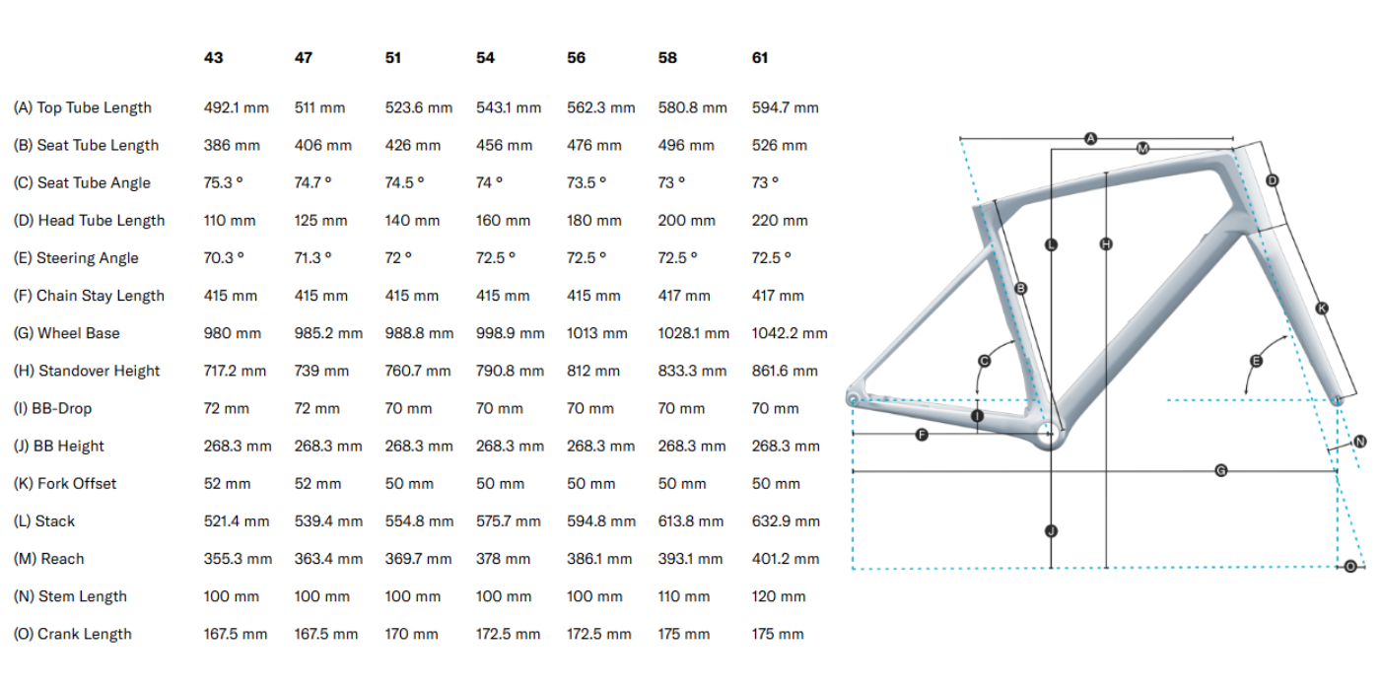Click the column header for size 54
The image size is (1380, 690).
coord(485,58)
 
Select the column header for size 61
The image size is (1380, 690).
coord(760,58)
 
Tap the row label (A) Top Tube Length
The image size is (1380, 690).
coord(83,107)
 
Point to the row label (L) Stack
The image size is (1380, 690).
coord(44,521)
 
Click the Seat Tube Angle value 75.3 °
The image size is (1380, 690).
coord(225,182)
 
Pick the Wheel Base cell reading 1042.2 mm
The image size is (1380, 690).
coord(790,333)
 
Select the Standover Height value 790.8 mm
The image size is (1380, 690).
coord(510,371)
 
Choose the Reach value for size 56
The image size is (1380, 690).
coord(599,559)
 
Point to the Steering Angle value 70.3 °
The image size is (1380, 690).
coord(225,258)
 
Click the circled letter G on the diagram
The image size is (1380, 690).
coord(1220,471)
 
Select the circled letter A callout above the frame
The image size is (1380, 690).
coord(1090,139)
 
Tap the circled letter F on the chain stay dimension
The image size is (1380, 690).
coord(922,434)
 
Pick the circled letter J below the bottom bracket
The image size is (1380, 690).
coord(1052,531)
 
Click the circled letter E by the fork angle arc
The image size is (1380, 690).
coord(1256,362)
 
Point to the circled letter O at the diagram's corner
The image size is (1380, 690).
coord(1350,566)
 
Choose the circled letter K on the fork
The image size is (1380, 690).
coord(1322,309)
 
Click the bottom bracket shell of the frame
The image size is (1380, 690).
coord(1051,434)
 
